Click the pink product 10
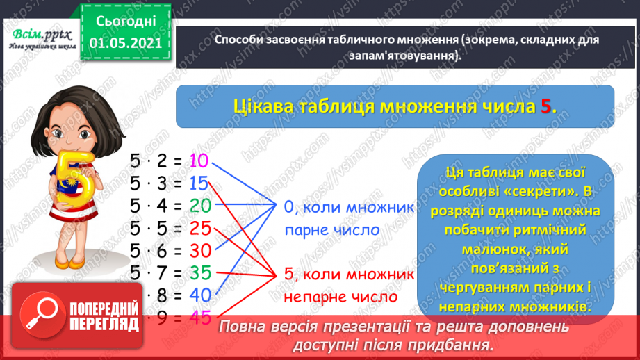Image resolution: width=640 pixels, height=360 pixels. [x=199, y=161]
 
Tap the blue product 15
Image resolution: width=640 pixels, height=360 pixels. [x=199, y=183]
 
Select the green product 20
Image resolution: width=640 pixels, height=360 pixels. [x=199, y=206]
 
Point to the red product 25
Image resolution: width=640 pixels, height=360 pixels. [x=199, y=228]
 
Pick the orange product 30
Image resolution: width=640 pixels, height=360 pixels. [x=199, y=250]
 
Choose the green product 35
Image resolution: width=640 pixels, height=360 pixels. [x=199, y=272]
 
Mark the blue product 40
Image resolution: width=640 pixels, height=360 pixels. [x=199, y=295]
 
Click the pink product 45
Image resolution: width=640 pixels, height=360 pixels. [x=199, y=317]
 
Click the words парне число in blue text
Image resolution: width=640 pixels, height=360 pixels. [x=331, y=229]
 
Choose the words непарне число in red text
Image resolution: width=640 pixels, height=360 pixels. [x=340, y=297]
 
